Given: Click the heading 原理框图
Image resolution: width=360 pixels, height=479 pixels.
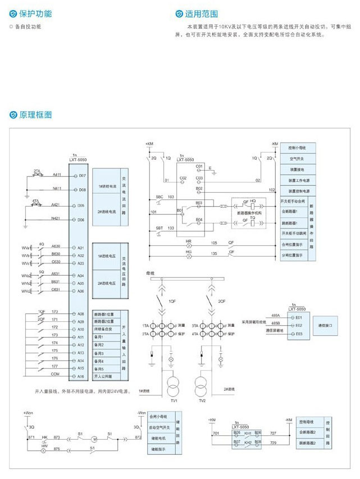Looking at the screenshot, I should point(35,115).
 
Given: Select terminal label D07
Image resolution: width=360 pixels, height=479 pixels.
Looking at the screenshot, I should point(82,175).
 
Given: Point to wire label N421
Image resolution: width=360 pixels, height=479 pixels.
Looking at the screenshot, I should point(57,218).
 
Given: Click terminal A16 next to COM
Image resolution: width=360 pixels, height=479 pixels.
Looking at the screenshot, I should point(81,376).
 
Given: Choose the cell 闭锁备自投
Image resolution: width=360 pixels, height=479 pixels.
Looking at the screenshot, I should point(106,329).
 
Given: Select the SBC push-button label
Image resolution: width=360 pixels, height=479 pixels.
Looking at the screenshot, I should point(160,197).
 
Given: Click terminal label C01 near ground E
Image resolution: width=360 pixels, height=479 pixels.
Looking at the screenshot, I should point(199,167).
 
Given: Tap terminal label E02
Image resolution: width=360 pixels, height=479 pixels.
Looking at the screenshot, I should point(298,325).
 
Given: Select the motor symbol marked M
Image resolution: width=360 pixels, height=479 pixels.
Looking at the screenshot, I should point(95,438).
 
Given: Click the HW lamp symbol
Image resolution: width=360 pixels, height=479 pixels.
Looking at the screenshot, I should point(40,450).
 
